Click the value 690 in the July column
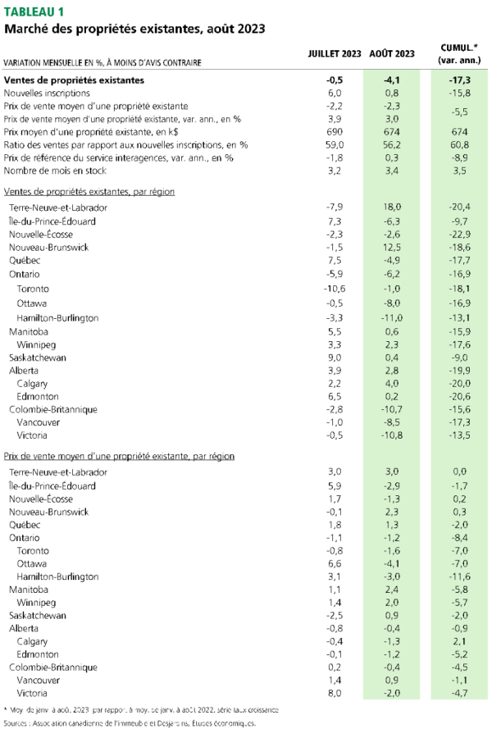334,132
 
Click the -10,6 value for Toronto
334,289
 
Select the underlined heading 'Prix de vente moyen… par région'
119,455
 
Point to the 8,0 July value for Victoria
334,694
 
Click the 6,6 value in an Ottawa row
334,563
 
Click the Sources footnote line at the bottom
130,722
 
